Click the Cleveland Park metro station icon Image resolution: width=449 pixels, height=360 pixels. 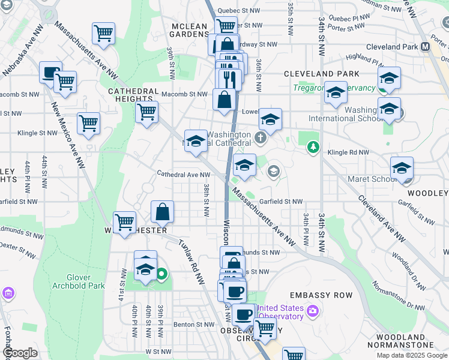(x=426, y=47)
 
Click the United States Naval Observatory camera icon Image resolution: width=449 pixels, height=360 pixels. (x=312, y=311)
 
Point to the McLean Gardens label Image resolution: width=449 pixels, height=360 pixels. (x=189, y=30)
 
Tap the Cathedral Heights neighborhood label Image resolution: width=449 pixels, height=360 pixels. (x=130, y=95)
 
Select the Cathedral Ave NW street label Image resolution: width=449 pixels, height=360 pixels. (x=175, y=175)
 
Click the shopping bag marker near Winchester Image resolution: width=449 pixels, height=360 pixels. (x=162, y=212)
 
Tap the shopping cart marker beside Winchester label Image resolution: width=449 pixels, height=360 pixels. (x=124, y=223)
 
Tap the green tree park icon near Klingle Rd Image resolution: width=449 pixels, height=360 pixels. (x=312, y=147)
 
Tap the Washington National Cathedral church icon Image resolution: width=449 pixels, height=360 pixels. (x=260, y=139)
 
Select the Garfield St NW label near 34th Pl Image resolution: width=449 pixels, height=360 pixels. (x=280, y=202)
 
